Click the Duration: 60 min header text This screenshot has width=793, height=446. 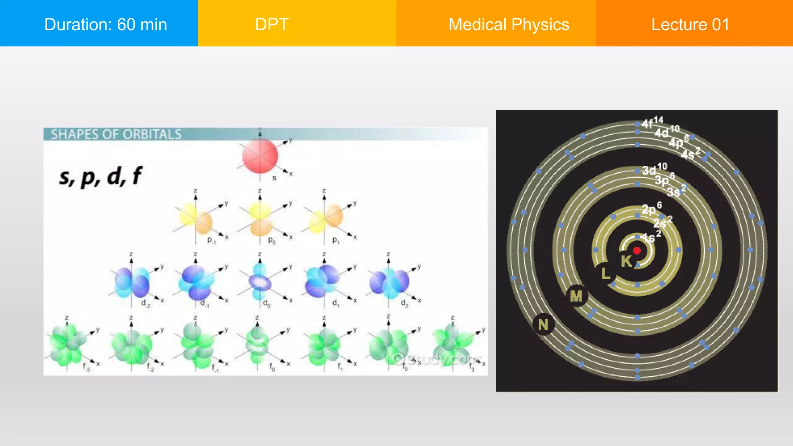[x=105, y=24]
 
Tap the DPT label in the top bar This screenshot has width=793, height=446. [x=272, y=24]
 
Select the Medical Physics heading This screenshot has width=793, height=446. [x=508, y=24]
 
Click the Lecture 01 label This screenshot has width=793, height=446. [x=690, y=24]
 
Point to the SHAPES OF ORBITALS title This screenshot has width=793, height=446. [x=116, y=134]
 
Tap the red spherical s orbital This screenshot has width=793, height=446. [x=260, y=156]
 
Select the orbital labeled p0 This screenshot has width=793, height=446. [x=260, y=220]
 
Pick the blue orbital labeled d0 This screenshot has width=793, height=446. [x=260, y=282]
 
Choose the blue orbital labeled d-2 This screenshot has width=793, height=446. [x=132, y=282]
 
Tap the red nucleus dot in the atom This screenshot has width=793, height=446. [x=637, y=250]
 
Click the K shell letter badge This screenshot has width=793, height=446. [x=626, y=261]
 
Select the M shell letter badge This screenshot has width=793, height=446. [x=576, y=296]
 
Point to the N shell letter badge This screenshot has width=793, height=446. [x=543, y=324]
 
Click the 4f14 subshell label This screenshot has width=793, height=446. [x=652, y=122]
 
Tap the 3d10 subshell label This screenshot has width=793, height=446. [x=654, y=169]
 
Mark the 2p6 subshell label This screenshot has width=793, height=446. [x=652, y=208]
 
